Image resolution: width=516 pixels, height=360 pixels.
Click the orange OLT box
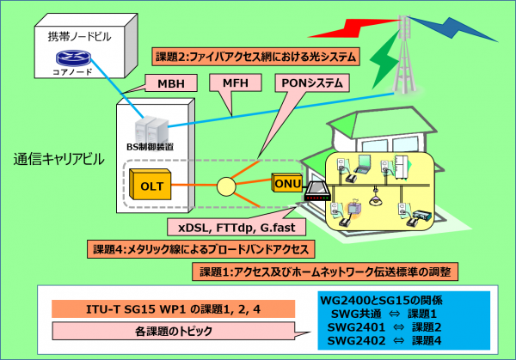pos(150,185)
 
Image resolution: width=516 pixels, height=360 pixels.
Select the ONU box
pos(286,182)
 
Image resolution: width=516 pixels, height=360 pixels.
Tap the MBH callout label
pos(171,83)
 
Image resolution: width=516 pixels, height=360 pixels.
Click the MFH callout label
pos(236,82)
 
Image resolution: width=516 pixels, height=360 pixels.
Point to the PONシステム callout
pos(312,83)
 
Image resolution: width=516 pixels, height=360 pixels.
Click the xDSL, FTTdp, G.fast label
pos(236,228)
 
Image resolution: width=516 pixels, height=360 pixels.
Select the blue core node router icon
pos(73,58)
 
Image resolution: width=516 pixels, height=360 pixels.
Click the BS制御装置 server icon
pos(151,130)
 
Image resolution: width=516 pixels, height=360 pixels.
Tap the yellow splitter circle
pos(226,186)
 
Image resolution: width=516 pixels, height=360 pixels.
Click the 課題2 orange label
pos(255,57)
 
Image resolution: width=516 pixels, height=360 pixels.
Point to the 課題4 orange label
pos(200,249)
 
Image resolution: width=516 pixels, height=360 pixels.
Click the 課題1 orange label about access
pos(325,272)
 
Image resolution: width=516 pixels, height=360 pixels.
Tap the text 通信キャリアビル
pos(58,159)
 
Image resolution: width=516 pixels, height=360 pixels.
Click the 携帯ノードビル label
pos(79,36)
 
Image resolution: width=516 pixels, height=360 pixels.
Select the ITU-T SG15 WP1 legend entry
pos(173,309)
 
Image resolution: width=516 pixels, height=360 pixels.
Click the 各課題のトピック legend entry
pos(173,331)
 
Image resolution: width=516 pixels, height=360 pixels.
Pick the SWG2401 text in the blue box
pos(356,327)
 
